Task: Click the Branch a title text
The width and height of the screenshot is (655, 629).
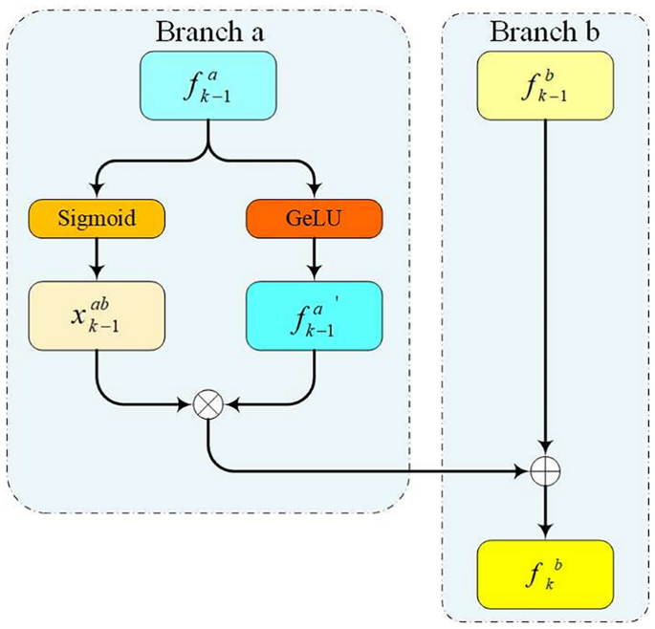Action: click(x=209, y=32)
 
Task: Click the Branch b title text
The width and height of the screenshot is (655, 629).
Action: click(x=545, y=32)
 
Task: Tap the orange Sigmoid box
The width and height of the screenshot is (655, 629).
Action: click(x=97, y=218)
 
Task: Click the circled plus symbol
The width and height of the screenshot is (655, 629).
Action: click(x=545, y=469)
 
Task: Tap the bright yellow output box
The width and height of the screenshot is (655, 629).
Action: click(x=545, y=573)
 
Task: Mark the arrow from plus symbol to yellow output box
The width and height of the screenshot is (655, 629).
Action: click(x=545, y=509)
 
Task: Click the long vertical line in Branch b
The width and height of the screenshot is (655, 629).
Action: click(x=545, y=287)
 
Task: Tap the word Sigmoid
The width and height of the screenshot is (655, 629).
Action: click(x=97, y=218)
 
